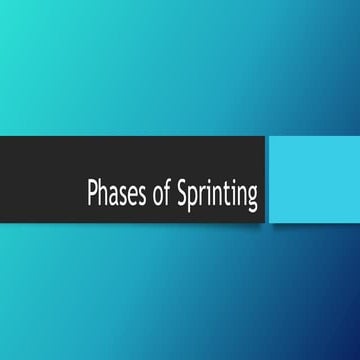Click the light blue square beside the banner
click(312, 180)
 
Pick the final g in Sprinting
click(252, 196)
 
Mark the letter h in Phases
click(102, 191)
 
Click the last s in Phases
click(134, 194)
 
